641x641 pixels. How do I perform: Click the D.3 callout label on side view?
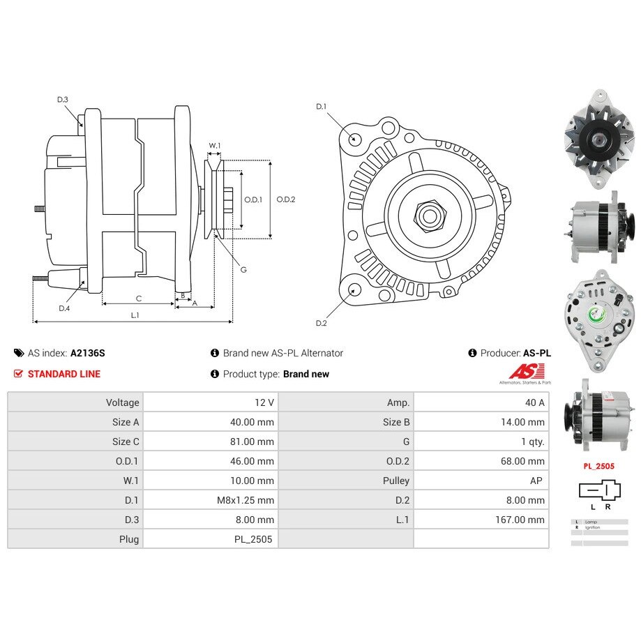63,100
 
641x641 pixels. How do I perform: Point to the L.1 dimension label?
135,315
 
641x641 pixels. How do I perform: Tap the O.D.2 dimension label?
286,199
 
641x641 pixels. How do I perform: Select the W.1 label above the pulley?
215,146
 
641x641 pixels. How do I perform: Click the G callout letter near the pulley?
243,270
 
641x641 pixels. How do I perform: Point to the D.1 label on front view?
322,107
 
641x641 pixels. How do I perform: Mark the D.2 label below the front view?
322,323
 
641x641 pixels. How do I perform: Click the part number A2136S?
88,353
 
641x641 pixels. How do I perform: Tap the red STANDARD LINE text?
64,374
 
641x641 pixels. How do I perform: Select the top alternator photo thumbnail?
597,139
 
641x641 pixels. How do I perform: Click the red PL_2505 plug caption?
599,466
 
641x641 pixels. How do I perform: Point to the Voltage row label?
123,402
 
